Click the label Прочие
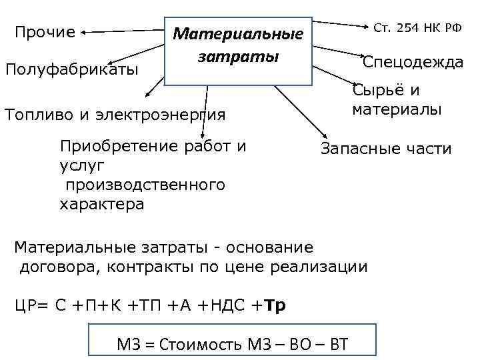point(45,32)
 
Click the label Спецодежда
point(413,62)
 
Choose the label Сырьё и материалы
point(397,100)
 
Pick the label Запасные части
point(386,149)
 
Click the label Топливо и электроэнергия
point(115,114)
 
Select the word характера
point(102,204)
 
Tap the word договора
point(52,267)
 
